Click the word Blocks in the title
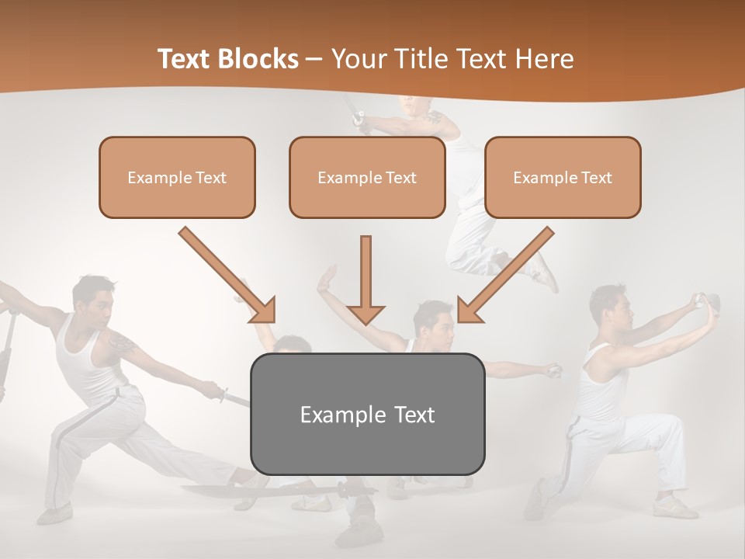tap(259, 59)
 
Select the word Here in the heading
tap(542, 59)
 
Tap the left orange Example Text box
tap(177, 177)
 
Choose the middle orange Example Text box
tap(367, 177)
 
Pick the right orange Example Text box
tap(563, 177)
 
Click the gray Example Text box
tap(367, 414)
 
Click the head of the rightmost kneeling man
tap(608, 304)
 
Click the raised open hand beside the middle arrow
tap(326, 279)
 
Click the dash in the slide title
tap(315, 59)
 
